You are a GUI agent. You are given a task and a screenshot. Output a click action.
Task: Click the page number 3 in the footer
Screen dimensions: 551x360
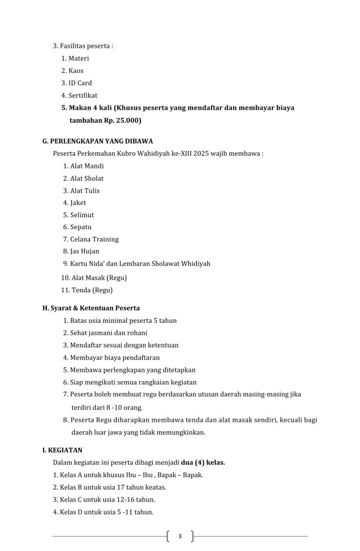click(180, 536)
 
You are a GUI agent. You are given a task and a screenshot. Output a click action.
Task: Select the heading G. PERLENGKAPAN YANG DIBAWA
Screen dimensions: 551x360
click(97, 141)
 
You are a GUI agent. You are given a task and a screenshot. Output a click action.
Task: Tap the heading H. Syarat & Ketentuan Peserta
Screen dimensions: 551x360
click(91, 308)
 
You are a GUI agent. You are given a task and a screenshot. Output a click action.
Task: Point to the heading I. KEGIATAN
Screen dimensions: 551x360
click(62, 450)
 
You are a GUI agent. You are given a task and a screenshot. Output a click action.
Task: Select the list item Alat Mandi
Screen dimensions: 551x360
click(87, 166)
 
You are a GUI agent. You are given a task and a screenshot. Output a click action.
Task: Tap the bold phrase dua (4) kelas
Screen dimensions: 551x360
click(203, 462)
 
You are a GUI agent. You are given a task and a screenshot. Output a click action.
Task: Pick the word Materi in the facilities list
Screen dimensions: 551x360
click(79, 58)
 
